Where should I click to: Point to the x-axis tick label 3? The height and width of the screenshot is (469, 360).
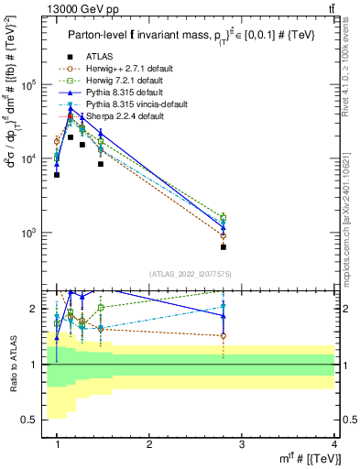[x=242, y=444]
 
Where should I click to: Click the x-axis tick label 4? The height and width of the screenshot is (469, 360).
[x=334, y=444]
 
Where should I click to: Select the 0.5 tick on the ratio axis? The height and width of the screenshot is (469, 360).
[x=36, y=420]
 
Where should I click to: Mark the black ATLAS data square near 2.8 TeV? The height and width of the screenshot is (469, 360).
[x=224, y=246]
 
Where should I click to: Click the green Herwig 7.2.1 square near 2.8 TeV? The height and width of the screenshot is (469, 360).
[x=224, y=218]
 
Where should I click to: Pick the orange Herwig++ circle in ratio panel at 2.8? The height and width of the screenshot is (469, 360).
[x=224, y=336]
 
